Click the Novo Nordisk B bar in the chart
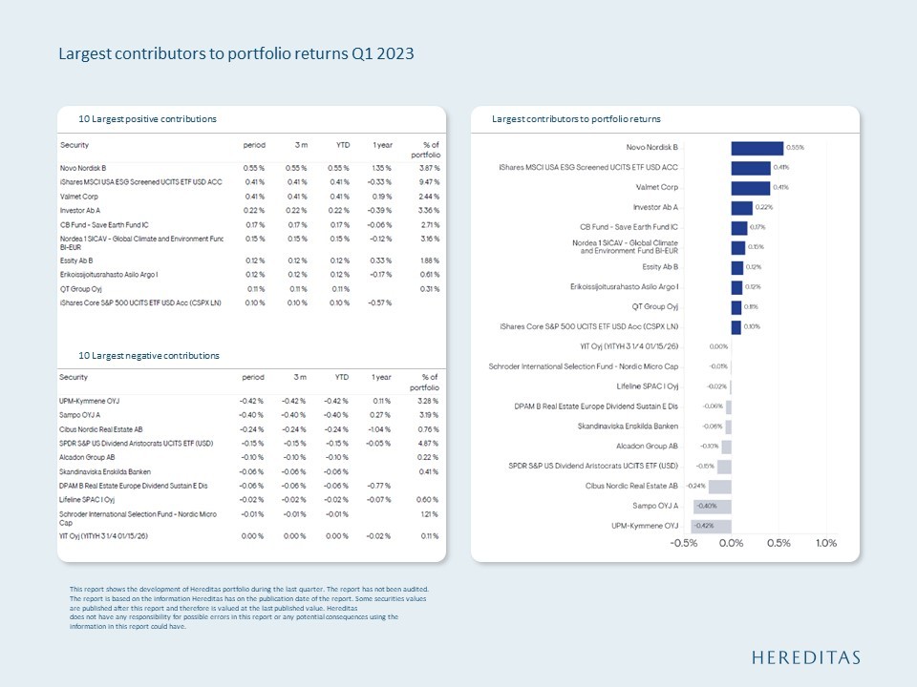tap(757, 148)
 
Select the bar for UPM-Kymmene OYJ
tap(712, 526)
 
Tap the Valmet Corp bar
tap(750, 187)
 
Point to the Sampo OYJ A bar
tap(713, 506)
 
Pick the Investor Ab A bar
tap(741, 207)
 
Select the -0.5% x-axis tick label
tap(684, 544)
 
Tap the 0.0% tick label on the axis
tap(731, 544)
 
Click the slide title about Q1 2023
tap(236, 53)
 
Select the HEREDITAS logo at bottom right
tap(805, 657)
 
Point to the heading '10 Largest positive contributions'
tap(148, 119)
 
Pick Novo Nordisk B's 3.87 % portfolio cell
tap(428, 168)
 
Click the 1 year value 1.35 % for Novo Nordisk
tap(381, 168)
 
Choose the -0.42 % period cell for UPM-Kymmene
tap(251, 401)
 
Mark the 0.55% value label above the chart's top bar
tap(795, 148)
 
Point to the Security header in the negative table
tap(75, 378)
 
